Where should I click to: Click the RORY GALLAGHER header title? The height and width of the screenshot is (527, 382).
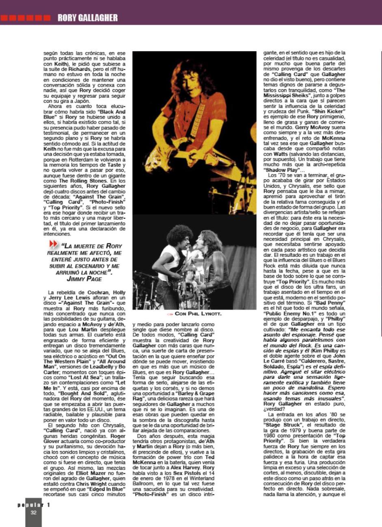tap(87, 17)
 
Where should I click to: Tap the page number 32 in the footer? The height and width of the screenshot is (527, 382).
tap(34, 512)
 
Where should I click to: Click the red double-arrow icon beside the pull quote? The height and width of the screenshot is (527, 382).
tap(54, 244)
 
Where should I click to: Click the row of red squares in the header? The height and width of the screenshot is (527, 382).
tap(26, 18)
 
